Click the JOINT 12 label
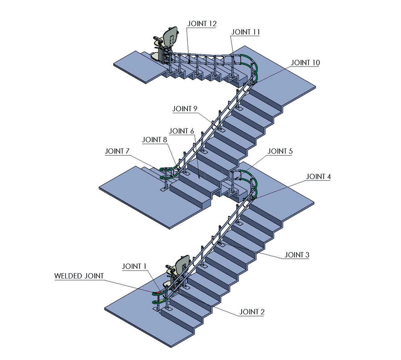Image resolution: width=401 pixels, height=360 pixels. coord(202,24)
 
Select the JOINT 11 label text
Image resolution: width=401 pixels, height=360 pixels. coord(245,32)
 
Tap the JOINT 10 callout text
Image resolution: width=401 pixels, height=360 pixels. coord(305,63)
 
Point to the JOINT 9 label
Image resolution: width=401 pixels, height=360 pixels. coord(185,109)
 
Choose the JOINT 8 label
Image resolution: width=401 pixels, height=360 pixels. coord(154,140)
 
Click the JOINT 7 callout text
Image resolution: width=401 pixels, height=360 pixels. coord(117,151)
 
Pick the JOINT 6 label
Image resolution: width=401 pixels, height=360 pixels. coord(182,131)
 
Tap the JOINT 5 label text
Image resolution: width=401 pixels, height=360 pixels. coord(280,151)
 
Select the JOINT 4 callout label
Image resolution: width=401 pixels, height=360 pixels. coord(318,176)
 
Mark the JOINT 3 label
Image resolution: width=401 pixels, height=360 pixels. coord(297,255)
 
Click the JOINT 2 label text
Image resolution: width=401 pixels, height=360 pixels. coord(252,312)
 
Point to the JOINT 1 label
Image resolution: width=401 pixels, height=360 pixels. coord(134,267)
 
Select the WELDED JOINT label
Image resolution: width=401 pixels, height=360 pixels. coord(79,276)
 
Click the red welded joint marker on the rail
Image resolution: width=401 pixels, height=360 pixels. coord(159,292)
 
